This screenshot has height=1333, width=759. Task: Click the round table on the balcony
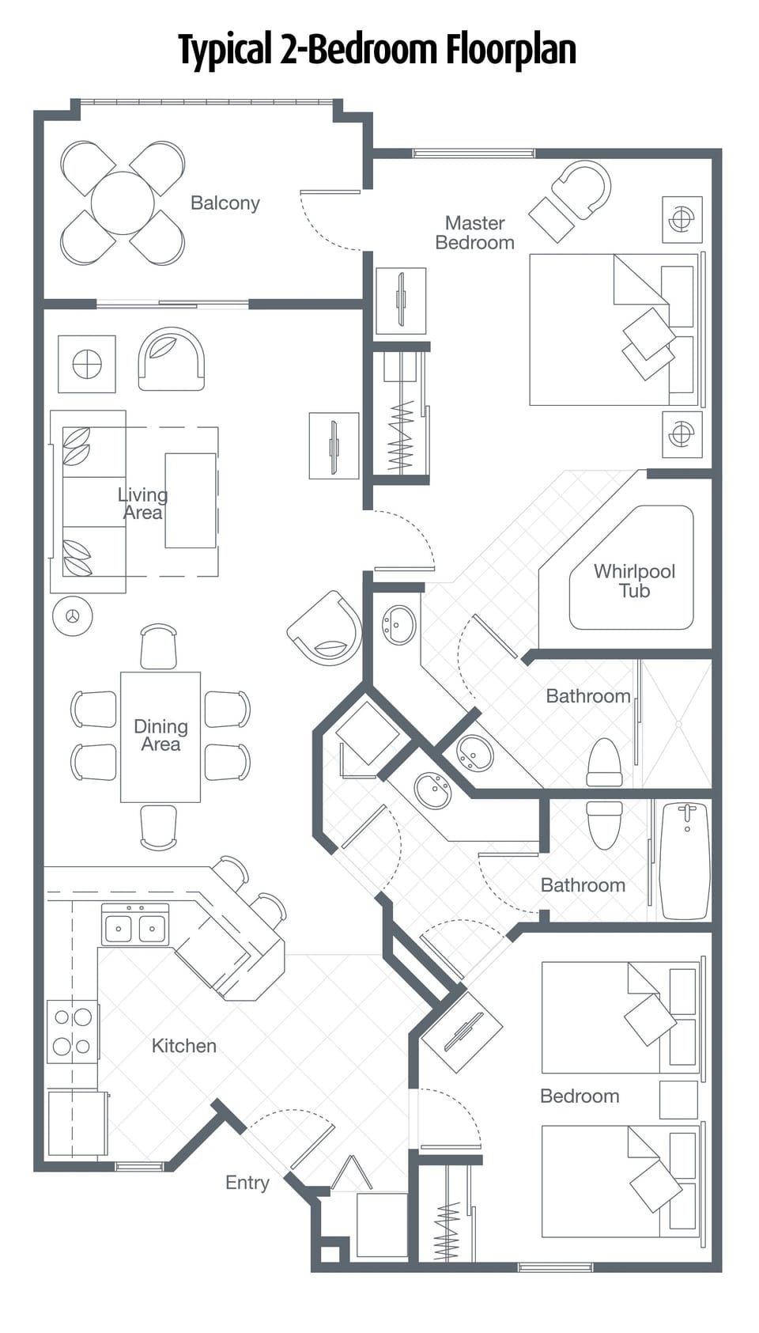(123, 203)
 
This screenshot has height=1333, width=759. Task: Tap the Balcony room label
(225, 203)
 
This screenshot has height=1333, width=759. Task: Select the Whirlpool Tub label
(634, 581)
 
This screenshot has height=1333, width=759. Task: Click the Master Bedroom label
(474, 233)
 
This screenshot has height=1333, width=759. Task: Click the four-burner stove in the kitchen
(72, 1032)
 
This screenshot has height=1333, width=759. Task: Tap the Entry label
(247, 1182)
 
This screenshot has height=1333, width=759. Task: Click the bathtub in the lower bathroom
(685, 861)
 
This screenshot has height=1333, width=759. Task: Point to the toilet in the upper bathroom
(605, 761)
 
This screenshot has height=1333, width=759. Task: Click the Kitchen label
(183, 1045)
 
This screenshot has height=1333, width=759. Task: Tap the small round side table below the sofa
(73, 616)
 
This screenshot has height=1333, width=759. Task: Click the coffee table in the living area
(190, 500)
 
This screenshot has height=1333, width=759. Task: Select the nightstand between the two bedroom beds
(678, 1099)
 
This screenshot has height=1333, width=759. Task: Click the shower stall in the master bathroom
(677, 723)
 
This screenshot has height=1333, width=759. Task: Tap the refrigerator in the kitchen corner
(77, 1123)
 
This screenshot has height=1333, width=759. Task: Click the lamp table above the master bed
(682, 218)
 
